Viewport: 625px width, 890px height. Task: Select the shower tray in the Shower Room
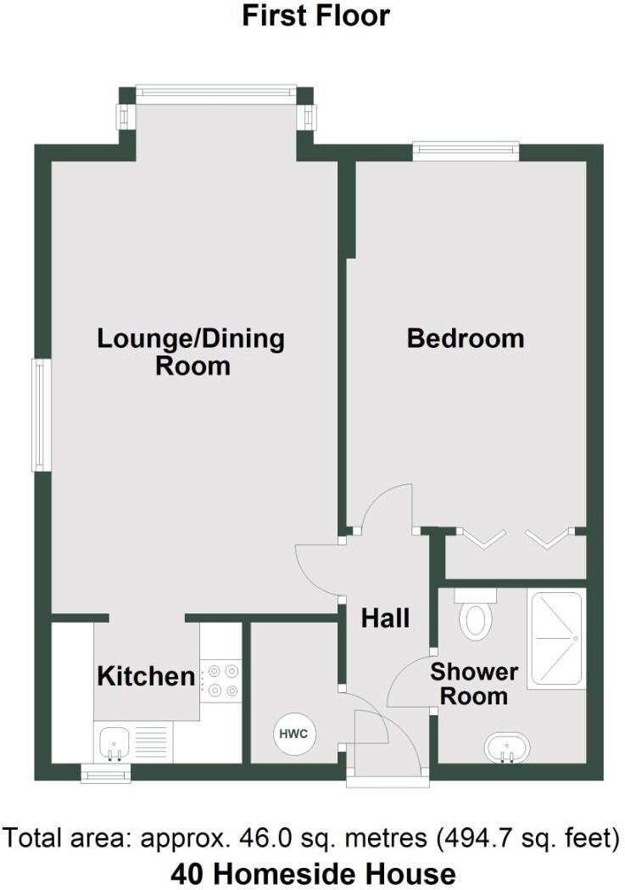tap(556, 639)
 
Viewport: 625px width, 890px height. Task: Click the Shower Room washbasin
tap(507, 749)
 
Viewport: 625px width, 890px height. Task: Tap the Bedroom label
tap(466, 339)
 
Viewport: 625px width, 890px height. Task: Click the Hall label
tap(385, 619)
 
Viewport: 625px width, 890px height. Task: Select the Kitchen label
tap(146, 677)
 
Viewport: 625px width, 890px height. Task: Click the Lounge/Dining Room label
tap(192, 352)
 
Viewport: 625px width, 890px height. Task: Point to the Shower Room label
tap(473, 685)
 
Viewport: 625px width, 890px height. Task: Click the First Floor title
tap(315, 16)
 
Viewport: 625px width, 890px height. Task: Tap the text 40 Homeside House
tap(313, 873)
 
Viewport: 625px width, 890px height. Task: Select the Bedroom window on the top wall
tap(466, 151)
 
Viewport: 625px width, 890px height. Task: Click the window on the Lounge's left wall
tap(38, 415)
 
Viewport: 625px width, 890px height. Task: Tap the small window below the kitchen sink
tap(106, 773)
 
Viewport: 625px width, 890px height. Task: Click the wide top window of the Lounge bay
tap(216, 94)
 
